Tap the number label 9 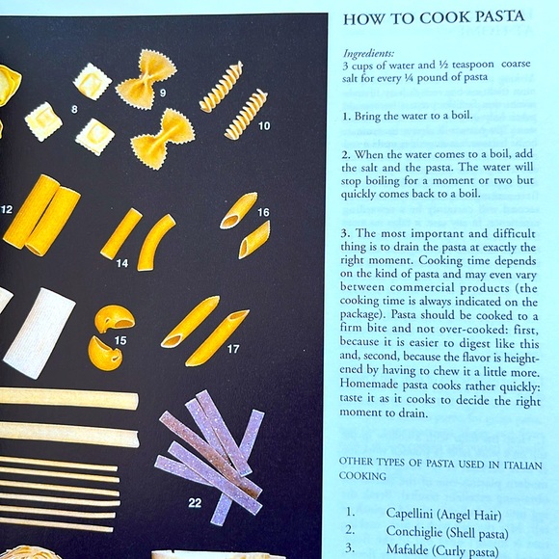[163, 93]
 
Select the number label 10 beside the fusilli [263, 125]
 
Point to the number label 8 [74, 110]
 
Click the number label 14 [121, 262]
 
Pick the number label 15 [120, 340]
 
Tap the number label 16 [263, 212]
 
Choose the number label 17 [233, 349]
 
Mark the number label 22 [195, 502]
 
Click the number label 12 [6, 209]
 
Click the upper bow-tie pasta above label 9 [146, 70]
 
